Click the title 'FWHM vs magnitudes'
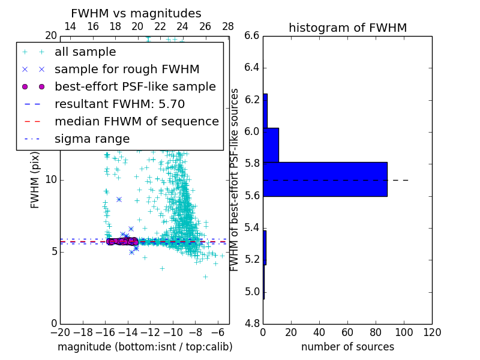click(x=136, y=13)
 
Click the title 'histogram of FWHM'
click(x=347, y=28)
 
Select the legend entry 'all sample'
click(x=85, y=52)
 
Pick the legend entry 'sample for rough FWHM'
click(x=127, y=70)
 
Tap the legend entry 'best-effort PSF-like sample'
click(x=135, y=87)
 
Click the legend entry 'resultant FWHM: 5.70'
click(x=123, y=104)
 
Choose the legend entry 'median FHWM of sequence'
click(x=136, y=122)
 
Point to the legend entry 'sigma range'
click(x=92, y=139)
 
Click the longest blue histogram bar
click(x=325, y=179)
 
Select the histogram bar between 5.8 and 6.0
click(x=271, y=145)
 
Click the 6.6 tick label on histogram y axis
click(x=252, y=35)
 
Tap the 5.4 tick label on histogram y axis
click(x=252, y=228)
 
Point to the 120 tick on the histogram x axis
click(x=432, y=332)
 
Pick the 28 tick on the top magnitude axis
click(x=228, y=27)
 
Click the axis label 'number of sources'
click(x=347, y=347)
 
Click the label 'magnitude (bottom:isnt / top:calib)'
click(x=145, y=347)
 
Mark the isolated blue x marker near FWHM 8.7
click(x=119, y=199)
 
